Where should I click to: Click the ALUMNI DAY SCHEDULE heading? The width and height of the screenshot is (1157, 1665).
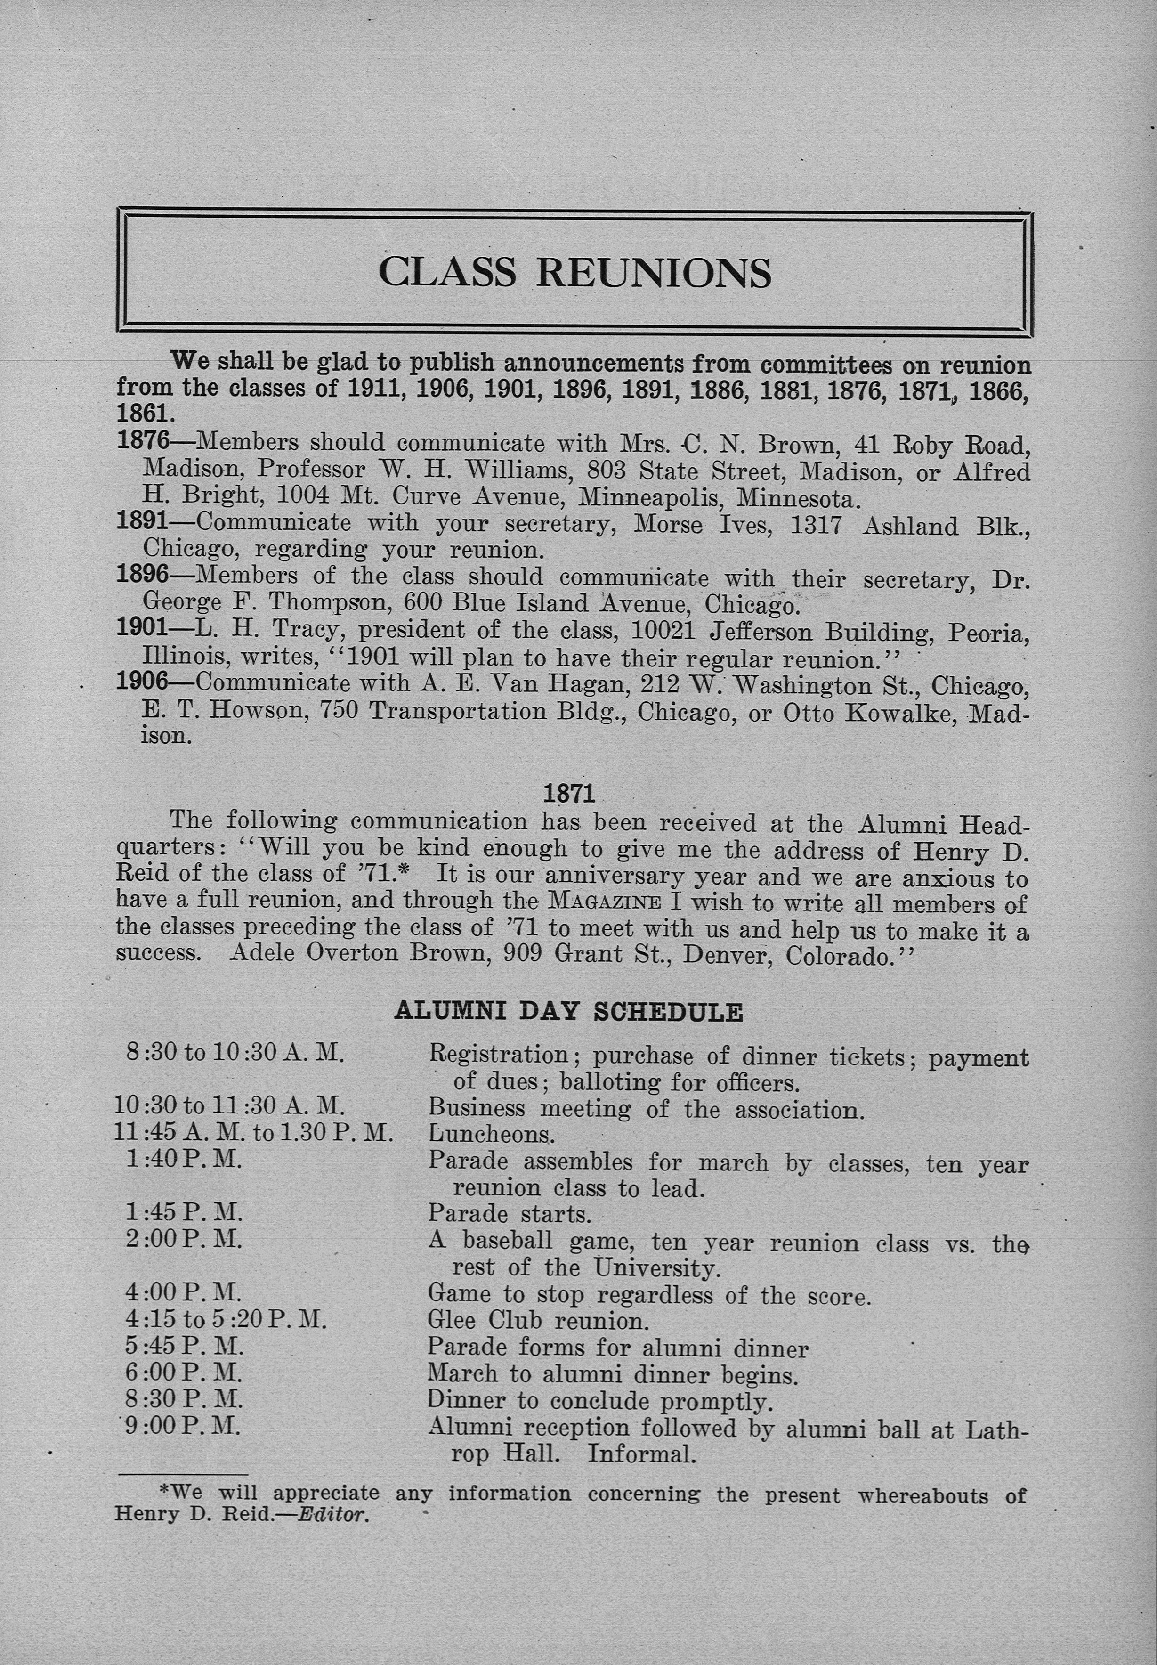click(x=568, y=1012)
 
